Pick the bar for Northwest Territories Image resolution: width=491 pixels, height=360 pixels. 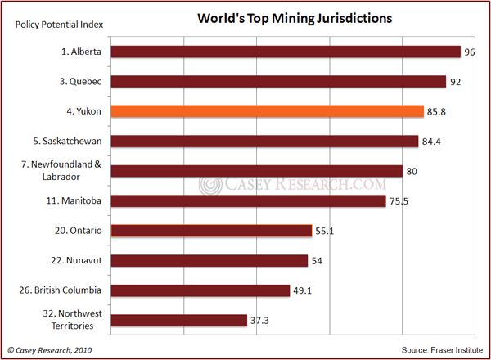point(178,320)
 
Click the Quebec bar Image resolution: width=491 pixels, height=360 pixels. point(278,82)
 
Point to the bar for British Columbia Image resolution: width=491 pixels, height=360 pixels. point(200,290)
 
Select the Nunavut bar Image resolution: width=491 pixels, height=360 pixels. point(209,261)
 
